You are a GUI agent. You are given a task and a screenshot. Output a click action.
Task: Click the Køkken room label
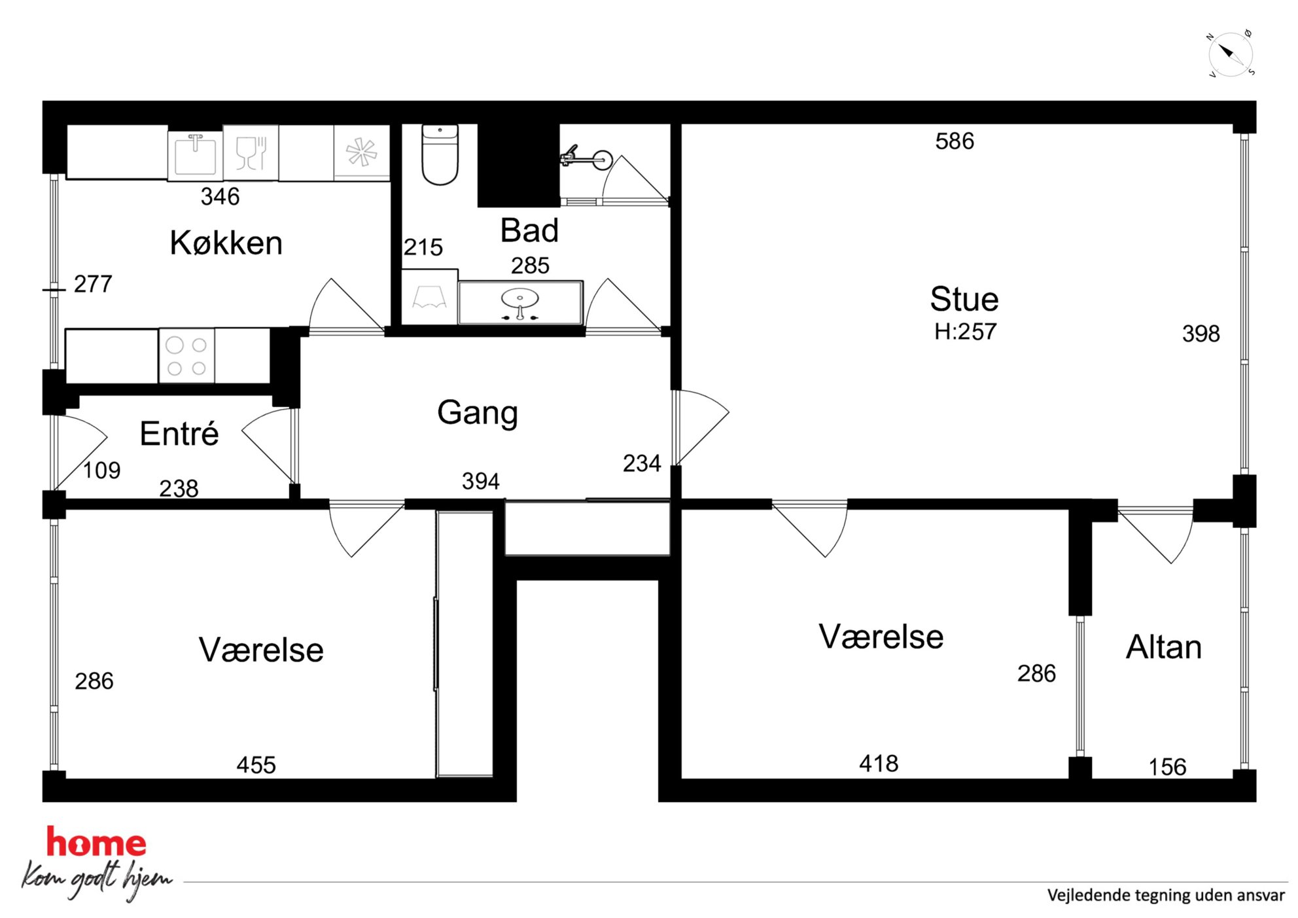tap(226, 243)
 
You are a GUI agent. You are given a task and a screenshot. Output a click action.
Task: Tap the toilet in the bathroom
tap(440, 155)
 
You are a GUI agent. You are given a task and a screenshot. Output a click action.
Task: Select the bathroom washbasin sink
tap(520, 302)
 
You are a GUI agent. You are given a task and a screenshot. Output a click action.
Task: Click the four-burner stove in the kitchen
tap(186, 356)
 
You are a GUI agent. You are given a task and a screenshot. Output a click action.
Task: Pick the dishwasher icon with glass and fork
tap(251, 153)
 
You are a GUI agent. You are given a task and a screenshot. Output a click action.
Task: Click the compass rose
tap(1231, 54)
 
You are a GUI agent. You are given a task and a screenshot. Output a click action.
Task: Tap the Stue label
tap(964, 300)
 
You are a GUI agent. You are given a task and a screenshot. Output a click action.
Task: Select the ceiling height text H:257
tap(965, 332)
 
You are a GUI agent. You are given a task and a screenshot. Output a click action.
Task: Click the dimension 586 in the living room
tap(955, 141)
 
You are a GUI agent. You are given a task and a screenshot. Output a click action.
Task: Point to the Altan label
tap(1164, 647)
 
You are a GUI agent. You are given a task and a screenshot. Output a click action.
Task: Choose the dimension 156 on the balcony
tap(1168, 767)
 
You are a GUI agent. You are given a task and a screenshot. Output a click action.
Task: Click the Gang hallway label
tap(478, 413)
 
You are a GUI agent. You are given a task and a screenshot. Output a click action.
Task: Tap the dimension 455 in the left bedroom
tap(256, 765)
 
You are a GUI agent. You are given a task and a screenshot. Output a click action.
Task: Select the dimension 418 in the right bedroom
tap(879, 764)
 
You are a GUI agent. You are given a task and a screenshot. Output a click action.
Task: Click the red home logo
tap(96, 842)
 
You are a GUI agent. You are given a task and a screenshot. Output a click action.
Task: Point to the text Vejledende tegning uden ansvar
tap(1166, 895)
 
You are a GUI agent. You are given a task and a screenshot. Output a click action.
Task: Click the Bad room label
tap(529, 230)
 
